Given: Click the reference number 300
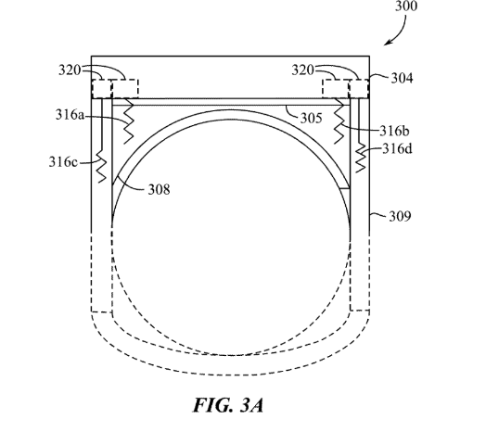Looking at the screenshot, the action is coord(406,6).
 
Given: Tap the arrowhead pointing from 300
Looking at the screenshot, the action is coord(387,43).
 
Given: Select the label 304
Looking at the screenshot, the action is coord(402,78).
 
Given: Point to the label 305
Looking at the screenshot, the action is coord(312,119).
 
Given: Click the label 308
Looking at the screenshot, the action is coord(159,190).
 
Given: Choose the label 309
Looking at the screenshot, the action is coord(400,216).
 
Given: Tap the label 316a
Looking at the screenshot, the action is coord(70,115).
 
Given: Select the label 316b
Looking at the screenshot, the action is coord(394,131).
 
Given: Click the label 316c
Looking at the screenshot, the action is coord(63,162).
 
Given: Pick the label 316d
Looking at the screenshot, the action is coord(397,148).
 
